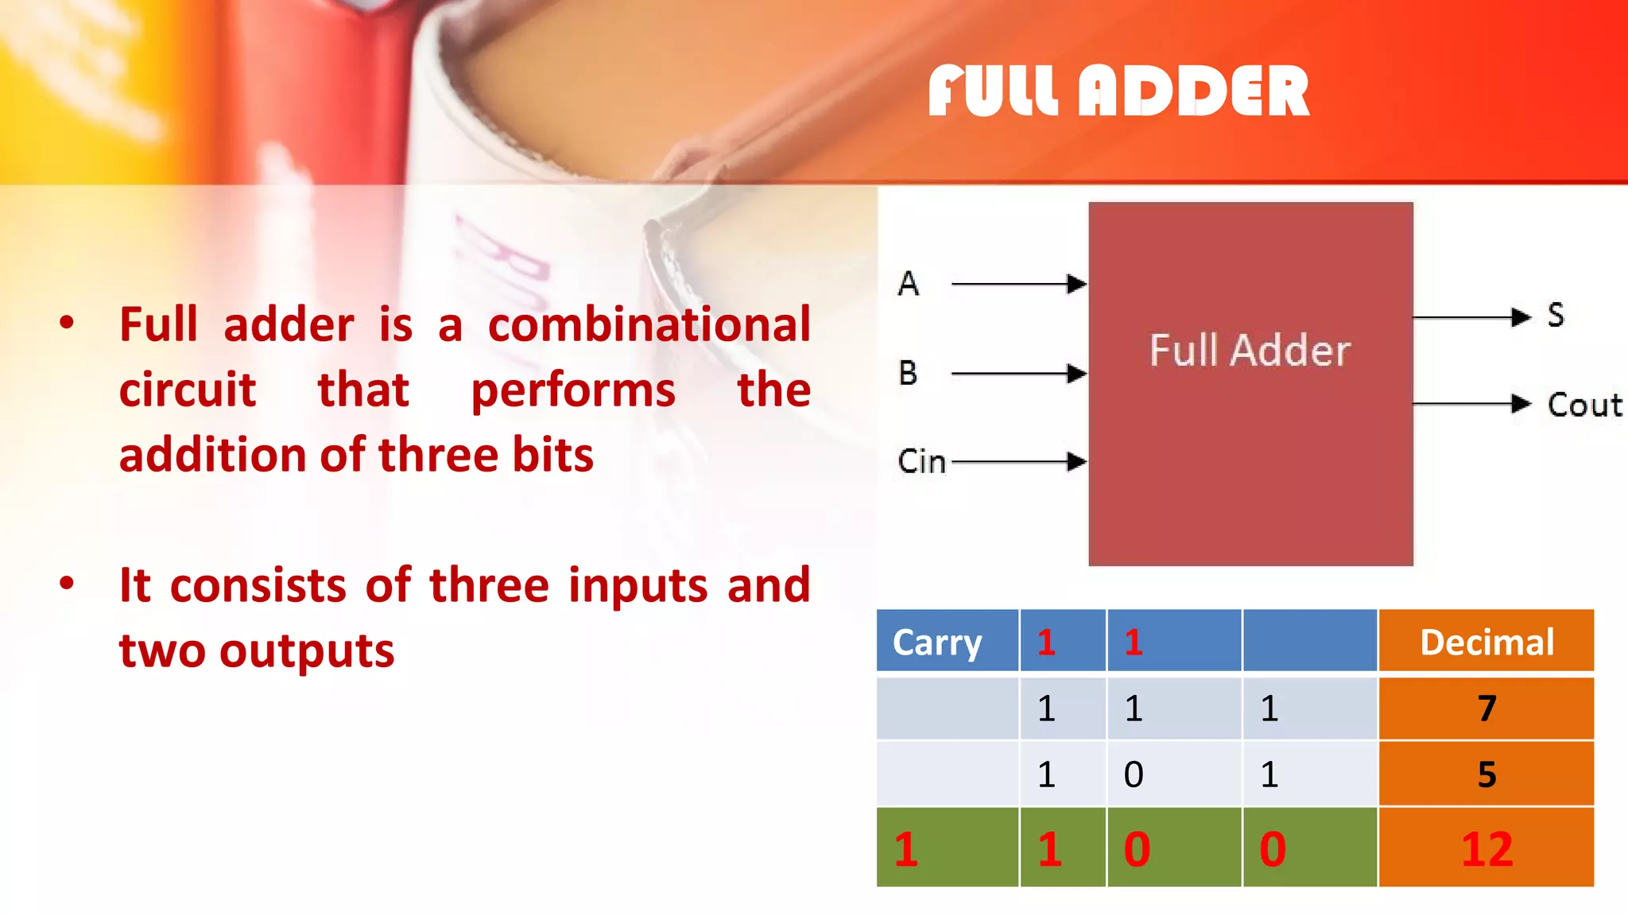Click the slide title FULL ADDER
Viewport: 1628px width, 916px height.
tap(1118, 91)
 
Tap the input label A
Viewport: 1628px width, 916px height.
tap(909, 284)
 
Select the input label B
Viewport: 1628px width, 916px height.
tap(909, 373)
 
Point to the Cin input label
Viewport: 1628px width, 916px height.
tap(921, 462)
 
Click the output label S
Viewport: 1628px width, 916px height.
tap(1556, 316)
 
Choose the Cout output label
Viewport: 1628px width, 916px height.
tap(1584, 406)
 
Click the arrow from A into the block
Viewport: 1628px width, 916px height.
tap(1019, 284)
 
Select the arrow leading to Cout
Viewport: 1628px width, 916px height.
tap(1471, 404)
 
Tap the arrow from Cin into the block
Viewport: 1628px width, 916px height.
tap(1019, 462)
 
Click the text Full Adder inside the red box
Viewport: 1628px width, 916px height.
tap(1250, 351)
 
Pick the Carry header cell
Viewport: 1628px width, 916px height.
tap(937, 642)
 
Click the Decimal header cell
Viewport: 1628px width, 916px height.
tap(1487, 642)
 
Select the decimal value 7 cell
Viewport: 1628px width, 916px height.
tap(1487, 708)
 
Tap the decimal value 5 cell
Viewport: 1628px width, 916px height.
tap(1487, 774)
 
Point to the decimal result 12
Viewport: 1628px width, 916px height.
tap(1487, 848)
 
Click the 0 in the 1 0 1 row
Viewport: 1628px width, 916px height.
tap(1134, 774)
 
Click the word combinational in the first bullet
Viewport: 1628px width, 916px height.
tap(649, 324)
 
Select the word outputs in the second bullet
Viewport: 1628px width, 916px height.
tap(307, 651)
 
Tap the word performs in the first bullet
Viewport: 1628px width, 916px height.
tap(573, 390)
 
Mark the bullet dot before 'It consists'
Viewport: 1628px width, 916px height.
tap(67, 584)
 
